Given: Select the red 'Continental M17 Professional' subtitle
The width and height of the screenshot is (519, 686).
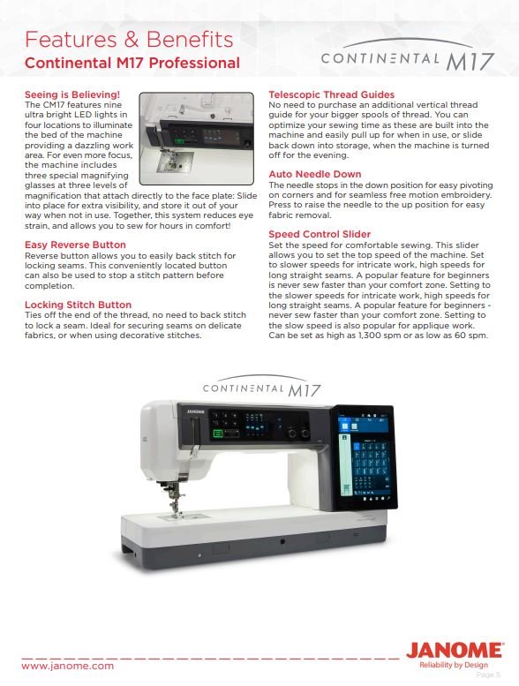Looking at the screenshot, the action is tap(132, 64).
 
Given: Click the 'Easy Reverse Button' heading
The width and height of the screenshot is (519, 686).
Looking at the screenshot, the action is tap(75, 245).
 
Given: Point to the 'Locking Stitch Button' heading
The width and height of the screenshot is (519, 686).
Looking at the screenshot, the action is tap(78, 305).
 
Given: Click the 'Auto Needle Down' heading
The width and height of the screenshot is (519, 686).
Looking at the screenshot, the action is tap(314, 174).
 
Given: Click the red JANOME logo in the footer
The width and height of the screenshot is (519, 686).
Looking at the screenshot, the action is tap(455, 651).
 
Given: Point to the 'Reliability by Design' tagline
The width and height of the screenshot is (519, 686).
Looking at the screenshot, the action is tap(453, 665).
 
